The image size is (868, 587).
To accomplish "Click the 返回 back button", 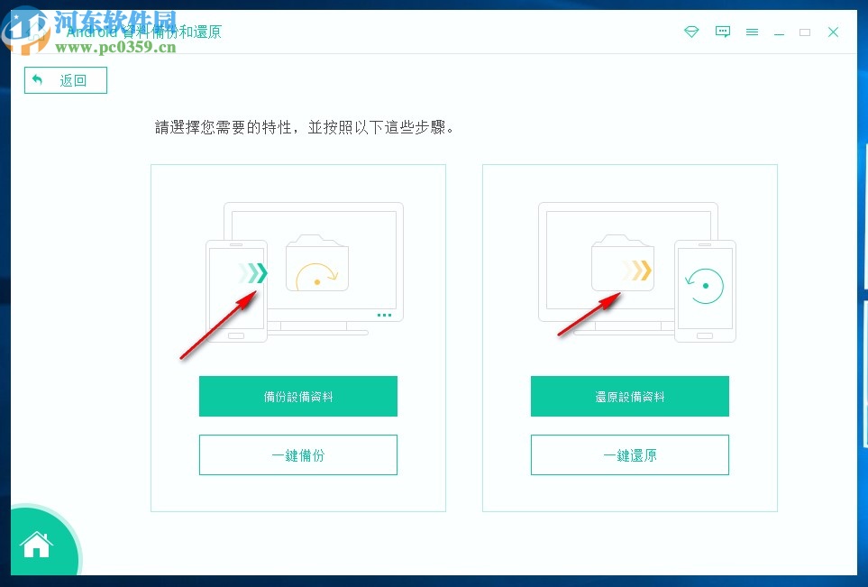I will [x=65, y=80].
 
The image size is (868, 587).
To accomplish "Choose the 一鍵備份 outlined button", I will [x=297, y=455].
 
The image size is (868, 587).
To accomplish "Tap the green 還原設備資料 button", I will [x=629, y=397].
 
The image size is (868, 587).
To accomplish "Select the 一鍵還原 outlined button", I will [x=629, y=455].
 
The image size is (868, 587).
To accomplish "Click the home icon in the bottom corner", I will [x=37, y=545].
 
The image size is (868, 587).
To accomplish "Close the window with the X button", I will [x=834, y=32].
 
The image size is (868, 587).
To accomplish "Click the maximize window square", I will [x=805, y=32].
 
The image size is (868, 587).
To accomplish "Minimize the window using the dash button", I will [x=779, y=32].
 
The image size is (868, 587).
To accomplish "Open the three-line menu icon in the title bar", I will [x=752, y=32].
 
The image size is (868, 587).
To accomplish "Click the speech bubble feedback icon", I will [x=722, y=32].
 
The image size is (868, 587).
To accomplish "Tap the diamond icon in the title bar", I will [x=691, y=32].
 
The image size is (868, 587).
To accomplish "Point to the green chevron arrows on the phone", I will [x=254, y=273].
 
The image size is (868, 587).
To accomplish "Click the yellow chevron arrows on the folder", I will [x=639, y=270].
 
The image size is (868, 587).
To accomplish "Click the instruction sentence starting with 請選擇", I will [x=305, y=127].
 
